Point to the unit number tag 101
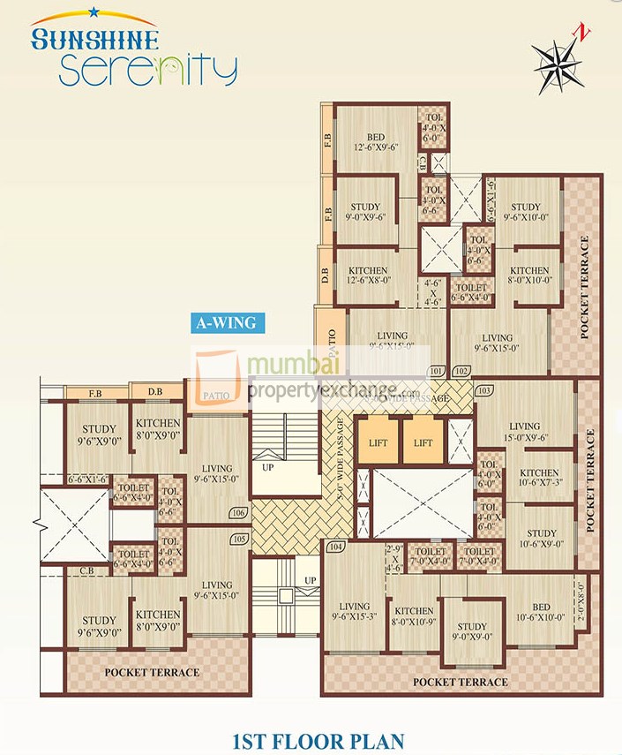pyautogui.click(x=436, y=371)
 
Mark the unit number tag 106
pyautogui.click(x=236, y=513)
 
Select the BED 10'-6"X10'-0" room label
pyautogui.click(x=542, y=611)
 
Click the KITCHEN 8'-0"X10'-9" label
pyautogui.click(x=414, y=616)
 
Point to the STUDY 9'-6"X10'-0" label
pyautogui.click(x=525, y=213)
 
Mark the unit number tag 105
pyautogui.click(x=236, y=539)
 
